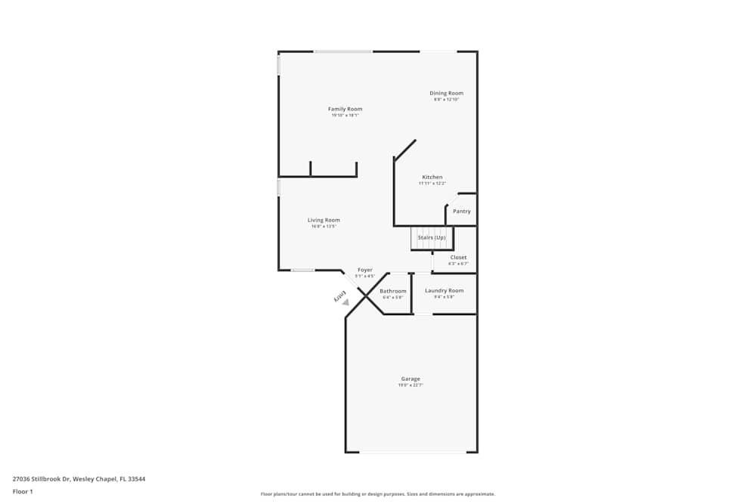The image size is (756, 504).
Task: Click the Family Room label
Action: pyautogui.click(x=345, y=109)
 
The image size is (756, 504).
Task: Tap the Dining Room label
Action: pyautogui.click(x=446, y=93)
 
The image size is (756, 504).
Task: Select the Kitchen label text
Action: pyautogui.click(x=432, y=177)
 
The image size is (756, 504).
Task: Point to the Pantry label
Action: pyautogui.click(x=462, y=212)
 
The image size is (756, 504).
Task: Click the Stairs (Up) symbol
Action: pyautogui.click(x=432, y=238)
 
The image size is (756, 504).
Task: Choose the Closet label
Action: pyautogui.click(x=458, y=258)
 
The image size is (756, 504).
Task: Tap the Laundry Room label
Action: pyautogui.click(x=444, y=291)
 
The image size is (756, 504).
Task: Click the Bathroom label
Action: pyautogui.click(x=392, y=291)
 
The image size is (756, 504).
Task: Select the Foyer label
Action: pyautogui.click(x=365, y=270)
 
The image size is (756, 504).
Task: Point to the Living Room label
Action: pyautogui.click(x=324, y=220)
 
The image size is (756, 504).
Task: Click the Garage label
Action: pyautogui.click(x=411, y=379)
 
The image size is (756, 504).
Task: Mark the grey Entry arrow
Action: pyautogui.click(x=345, y=302)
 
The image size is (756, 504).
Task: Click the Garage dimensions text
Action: pyautogui.click(x=411, y=385)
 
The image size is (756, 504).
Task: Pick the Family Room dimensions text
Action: pyautogui.click(x=345, y=116)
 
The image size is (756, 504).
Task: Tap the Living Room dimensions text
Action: pyautogui.click(x=324, y=227)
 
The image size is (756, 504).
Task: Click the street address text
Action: pyautogui.click(x=79, y=478)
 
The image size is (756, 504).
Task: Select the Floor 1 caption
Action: pyautogui.click(x=23, y=491)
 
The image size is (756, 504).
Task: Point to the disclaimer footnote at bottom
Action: pyautogui.click(x=378, y=494)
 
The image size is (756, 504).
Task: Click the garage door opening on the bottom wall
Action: pyautogui.click(x=412, y=452)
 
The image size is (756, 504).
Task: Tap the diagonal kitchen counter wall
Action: pyautogui.click(x=404, y=150)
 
